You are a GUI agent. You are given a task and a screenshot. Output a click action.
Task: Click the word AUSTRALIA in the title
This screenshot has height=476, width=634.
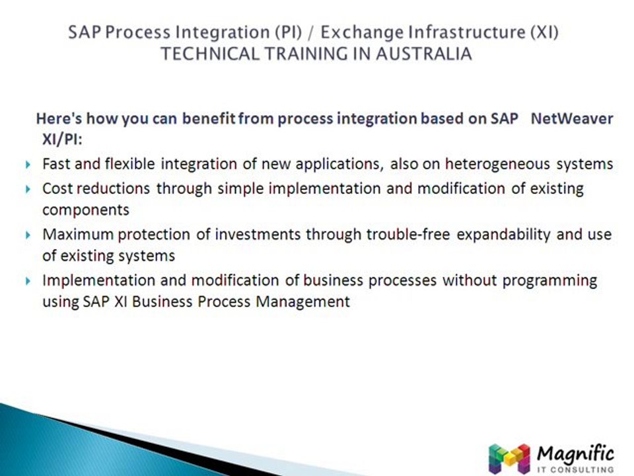424,54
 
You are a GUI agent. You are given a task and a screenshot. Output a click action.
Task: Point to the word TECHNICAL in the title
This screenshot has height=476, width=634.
210,54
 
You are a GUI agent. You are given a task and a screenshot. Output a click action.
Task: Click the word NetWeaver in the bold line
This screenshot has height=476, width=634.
572,118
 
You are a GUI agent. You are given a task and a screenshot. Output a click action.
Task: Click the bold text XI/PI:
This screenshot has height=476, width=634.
62,139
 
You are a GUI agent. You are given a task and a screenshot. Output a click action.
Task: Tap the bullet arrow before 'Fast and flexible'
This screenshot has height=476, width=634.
28,165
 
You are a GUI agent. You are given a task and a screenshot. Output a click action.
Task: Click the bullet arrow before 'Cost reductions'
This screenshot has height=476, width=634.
28,189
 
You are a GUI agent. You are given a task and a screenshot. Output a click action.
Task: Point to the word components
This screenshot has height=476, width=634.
86,210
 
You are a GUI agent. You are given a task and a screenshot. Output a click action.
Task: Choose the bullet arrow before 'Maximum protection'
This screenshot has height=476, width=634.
28,235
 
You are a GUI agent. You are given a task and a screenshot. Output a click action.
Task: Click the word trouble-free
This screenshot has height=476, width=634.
408,234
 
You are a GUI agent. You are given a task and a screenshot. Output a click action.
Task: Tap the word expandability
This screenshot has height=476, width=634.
503,235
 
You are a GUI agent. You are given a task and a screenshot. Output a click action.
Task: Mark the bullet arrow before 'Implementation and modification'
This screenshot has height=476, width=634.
28,280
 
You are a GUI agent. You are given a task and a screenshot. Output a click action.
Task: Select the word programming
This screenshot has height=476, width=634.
549,281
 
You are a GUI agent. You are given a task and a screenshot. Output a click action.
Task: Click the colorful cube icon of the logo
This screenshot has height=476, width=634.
509,459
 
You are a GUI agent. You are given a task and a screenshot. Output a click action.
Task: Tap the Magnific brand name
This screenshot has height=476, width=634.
575,454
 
